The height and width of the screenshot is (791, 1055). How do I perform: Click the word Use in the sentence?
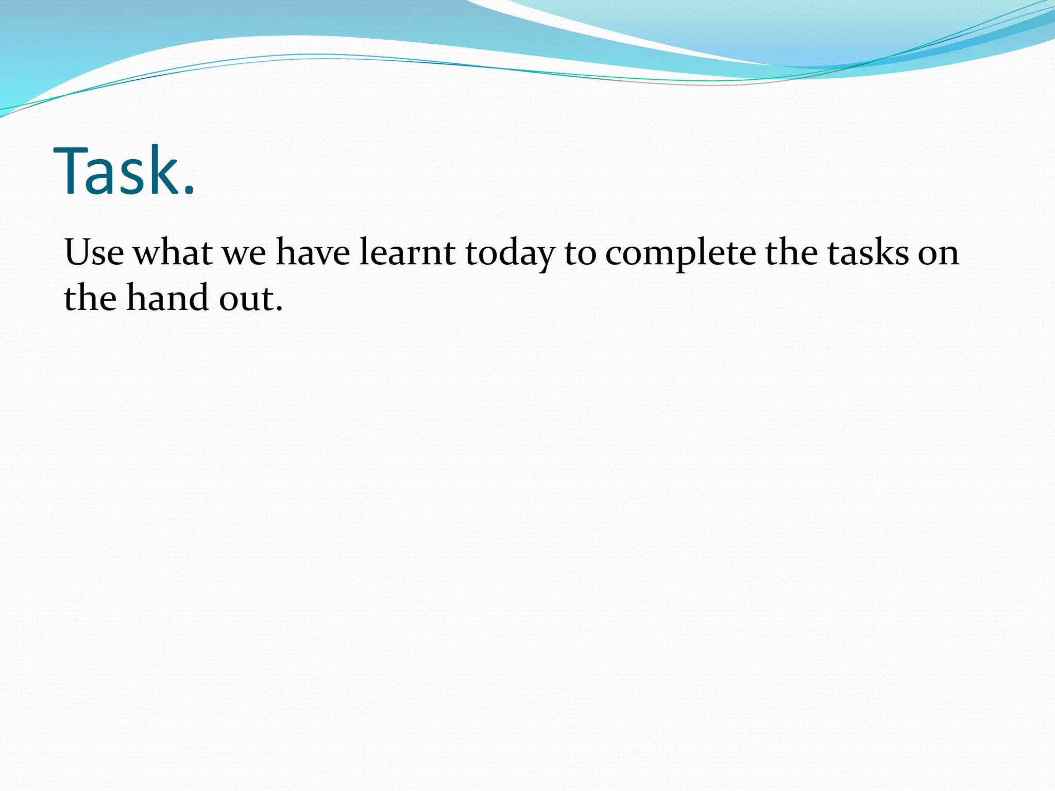tap(94, 252)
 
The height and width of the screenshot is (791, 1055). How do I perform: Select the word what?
tap(173, 252)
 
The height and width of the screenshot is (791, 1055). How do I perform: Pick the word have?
tap(313, 252)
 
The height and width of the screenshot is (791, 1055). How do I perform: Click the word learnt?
tap(407, 252)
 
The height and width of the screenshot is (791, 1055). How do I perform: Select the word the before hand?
tap(90, 298)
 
